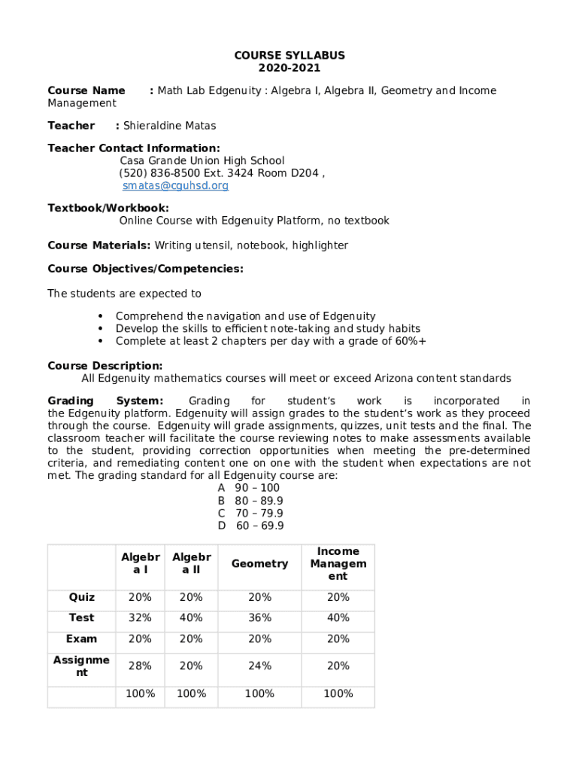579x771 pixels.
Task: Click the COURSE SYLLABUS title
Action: (x=289, y=56)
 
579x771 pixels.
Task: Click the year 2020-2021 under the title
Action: (x=289, y=68)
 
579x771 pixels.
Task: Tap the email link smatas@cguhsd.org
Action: (x=175, y=186)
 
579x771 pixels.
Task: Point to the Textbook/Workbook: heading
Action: (x=108, y=208)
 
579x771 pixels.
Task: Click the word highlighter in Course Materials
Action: (x=320, y=245)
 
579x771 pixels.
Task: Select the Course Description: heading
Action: (x=105, y=366)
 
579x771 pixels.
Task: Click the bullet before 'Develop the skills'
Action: (x=101, y=329)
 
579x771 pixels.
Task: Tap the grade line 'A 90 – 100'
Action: (x=249, y=488)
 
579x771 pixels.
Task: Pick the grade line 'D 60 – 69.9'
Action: (x=251, y=526)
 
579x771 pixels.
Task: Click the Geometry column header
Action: (x=259, y=564)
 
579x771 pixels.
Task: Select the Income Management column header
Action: (x=338, y=564)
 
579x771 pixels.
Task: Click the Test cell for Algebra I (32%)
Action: (x=140, y=618)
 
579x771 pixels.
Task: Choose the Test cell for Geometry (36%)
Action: (x=259, y=618)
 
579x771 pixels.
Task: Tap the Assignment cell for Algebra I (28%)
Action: (x=140, y=666)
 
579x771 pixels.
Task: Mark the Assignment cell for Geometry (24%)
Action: (x=259, y=666)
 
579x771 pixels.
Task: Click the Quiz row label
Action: (x=82, y=597)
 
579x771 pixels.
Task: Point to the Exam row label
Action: (x=81, y=639)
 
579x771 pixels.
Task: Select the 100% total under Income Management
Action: (x=338, y=693)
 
